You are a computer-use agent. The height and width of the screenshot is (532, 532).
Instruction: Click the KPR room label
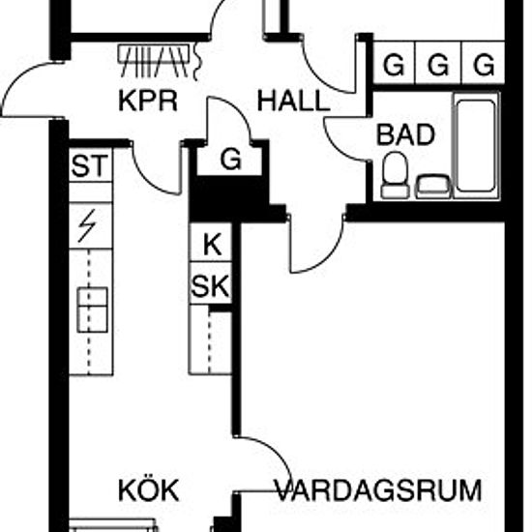(x=148, y=101)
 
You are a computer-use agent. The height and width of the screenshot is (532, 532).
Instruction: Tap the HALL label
(x=293, y=101)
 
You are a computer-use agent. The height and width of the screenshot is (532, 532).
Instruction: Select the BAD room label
(x=405, y=134)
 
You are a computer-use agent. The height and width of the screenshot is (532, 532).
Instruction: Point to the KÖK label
(x=149, y=489)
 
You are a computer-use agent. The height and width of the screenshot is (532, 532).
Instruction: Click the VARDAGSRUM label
(x=378, y=490)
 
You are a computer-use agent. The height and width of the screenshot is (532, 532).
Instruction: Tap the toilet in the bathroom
(x=395, y=175)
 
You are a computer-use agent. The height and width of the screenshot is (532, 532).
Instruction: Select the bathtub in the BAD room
(x=476, y=146)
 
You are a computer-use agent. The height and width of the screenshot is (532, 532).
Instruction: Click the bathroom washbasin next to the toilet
(x=433, y=187)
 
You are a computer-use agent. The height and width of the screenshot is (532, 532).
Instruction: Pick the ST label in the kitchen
(x=90, y=165)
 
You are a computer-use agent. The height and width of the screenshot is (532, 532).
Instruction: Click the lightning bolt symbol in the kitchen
(x=87, y=226)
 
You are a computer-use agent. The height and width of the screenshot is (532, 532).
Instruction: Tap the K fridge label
(x=212, y=245)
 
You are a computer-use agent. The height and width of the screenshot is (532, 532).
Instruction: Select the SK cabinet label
(x=210, y=286)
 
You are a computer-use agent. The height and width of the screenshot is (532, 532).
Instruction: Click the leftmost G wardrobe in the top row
(x=394, y=64)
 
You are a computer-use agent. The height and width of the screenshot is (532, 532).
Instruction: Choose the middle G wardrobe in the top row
(x=438, y=64)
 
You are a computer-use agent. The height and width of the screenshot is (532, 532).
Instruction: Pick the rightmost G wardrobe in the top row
(x=483, y=64)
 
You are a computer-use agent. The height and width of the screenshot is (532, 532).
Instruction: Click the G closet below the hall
(x=231, y=159)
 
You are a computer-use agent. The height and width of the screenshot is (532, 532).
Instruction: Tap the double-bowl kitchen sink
(x=93, y=310)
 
